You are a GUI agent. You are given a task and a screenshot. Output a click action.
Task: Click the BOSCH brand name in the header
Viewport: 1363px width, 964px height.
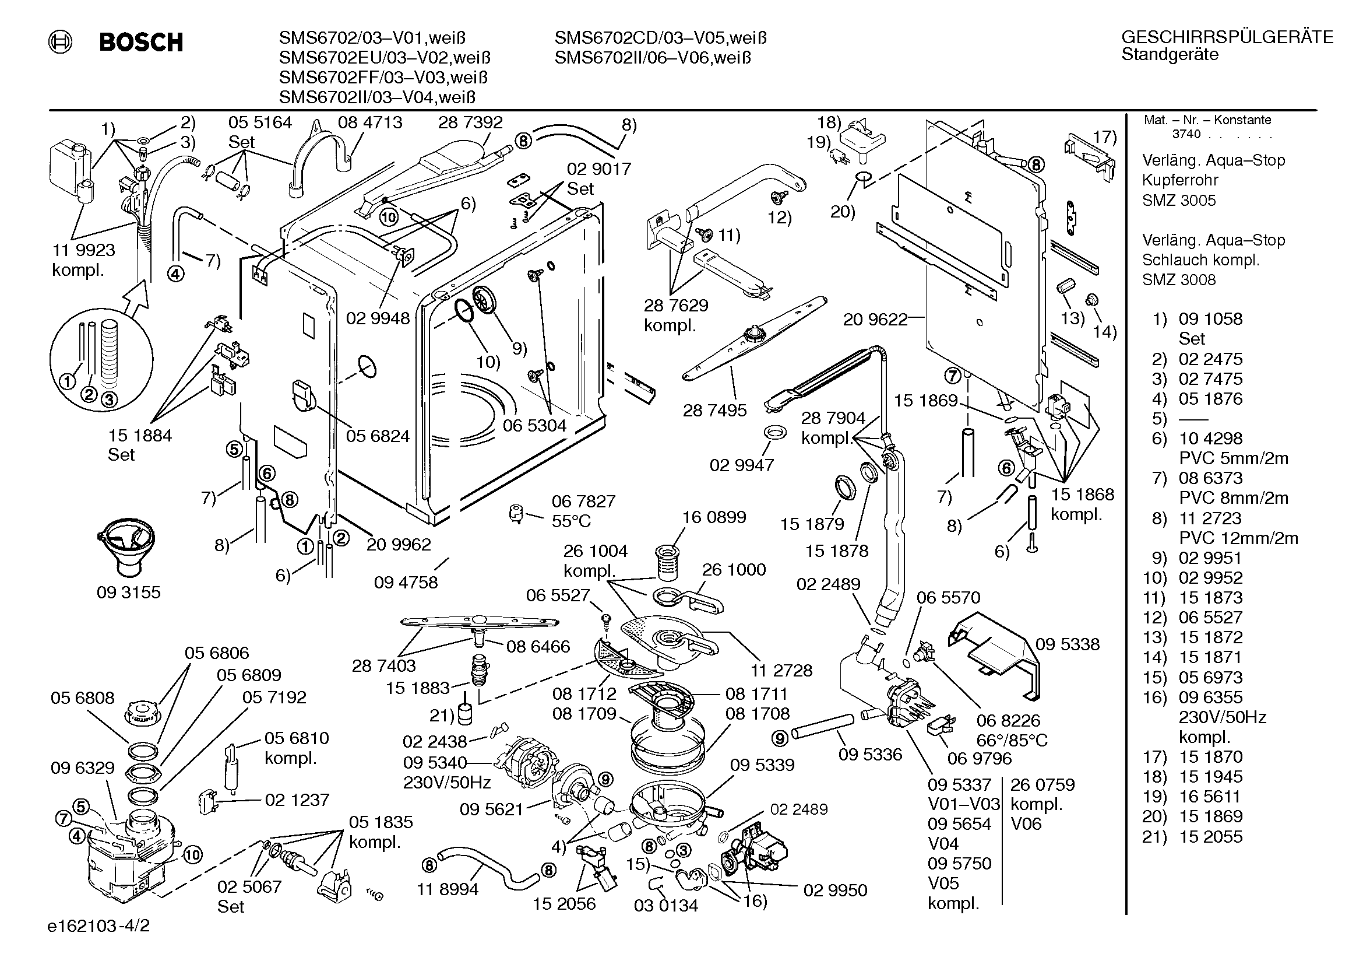[141, 42]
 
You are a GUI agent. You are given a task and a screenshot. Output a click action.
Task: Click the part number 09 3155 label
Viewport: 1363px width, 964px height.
[129, 592]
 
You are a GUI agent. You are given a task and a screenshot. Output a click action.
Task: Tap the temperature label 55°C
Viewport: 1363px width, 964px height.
[572, 521]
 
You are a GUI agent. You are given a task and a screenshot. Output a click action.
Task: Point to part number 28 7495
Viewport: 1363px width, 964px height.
[715, 410]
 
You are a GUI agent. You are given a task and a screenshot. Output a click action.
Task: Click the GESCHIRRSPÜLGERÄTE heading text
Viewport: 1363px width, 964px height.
[1227, 37]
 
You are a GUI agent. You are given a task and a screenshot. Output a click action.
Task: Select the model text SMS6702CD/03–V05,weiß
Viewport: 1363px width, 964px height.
[661, 38]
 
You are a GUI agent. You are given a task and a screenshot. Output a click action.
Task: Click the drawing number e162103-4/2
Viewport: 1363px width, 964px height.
[98, 926]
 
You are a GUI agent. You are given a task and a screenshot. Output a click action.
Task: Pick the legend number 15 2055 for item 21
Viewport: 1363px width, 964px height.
[1210, 836]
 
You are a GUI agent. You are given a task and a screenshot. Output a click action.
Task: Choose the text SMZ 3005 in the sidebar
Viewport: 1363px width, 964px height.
[1179, 200]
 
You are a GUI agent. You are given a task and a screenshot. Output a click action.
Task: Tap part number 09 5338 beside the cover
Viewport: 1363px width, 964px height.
[1068, 644]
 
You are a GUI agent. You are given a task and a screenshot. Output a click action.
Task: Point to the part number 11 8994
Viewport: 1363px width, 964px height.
[448, 889]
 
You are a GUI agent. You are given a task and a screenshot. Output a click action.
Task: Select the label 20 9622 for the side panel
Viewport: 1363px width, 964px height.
[876, 320]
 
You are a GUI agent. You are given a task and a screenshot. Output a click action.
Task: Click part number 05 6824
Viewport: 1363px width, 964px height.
[378, 436]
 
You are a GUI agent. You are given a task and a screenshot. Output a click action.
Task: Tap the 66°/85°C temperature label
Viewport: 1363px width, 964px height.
[1012, 740]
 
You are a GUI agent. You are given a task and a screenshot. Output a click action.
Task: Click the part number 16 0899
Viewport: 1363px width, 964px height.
[714, 517]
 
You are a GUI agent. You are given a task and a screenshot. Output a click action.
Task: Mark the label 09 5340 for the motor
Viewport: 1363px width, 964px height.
[435, 762]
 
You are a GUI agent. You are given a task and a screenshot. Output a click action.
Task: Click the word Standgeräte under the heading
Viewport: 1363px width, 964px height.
[1170, 55]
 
